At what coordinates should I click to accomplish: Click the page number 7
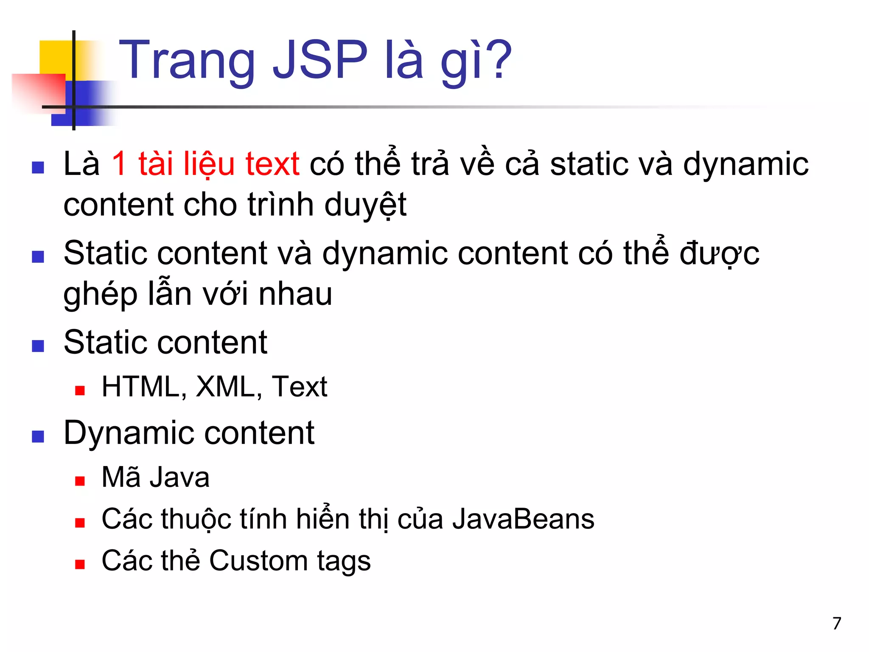pyautogui.click(x=836, y=623)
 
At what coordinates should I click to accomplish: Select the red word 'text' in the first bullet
pyautogui.click(x=272, y=164)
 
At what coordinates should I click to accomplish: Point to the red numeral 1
pyautogui.click(x=119, y=164)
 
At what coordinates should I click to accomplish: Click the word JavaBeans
pyautogui.click(x=523, y=519)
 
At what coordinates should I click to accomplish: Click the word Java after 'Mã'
pyautogui.click(x=180, y=478)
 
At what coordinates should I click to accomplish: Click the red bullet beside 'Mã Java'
pyautogui.click(x=80, y=481)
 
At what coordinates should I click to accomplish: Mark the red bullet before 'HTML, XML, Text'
pyautogui.click(x=80, y=391)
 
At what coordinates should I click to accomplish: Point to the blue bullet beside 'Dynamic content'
pyautogui.click(x=38, y=436)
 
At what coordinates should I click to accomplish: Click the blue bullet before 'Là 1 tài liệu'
pyautogui.click(x=38, y=168)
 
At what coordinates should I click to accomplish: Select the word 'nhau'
pyautogui.click(x=295, y=294)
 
